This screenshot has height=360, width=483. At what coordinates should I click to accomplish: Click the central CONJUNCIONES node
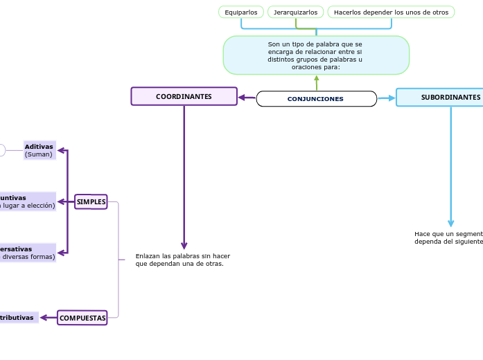pyautogui.click(x=316, y=99)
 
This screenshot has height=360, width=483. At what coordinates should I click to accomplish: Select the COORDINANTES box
pyautogui.click(x=184, y=96)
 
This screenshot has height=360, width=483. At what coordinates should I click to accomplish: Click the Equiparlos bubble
pyautogui.click(x=240, y=12)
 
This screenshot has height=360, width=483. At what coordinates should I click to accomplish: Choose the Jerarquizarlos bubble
pyautogui.click(x=295, y=12)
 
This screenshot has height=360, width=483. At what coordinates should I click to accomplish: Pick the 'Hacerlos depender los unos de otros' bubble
pyautogui.click(x=391, y=12)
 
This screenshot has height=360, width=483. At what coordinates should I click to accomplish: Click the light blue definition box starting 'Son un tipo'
pyautogui.click(x=316, y=55)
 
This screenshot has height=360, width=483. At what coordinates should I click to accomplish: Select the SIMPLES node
pyautogui.click(x=91, y=201)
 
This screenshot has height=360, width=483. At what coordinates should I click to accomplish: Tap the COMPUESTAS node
pyautogui.click(x=82, y=318)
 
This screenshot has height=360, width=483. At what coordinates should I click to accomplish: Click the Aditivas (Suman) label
pyautogui.click(x=39, y=150)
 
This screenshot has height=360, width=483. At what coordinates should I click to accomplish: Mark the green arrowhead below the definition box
pyautogui.click(x=317, y=78)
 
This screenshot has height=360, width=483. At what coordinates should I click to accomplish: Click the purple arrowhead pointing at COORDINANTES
pyautogui.click(x=243, y=98)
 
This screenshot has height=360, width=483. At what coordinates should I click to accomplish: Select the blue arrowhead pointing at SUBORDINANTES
pyautogui.click(x=392, y=98)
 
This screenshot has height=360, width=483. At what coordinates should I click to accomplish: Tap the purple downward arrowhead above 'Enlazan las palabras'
pyautogui.click(x=184, y=245)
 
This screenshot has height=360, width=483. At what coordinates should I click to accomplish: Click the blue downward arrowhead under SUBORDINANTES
pyautogui.click(x=451, y=223)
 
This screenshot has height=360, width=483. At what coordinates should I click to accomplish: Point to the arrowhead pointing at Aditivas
pyautogui.click(x=61, y=150)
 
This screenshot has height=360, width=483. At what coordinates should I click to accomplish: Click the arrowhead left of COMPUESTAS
pyautogui.click(x=44, y=318)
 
